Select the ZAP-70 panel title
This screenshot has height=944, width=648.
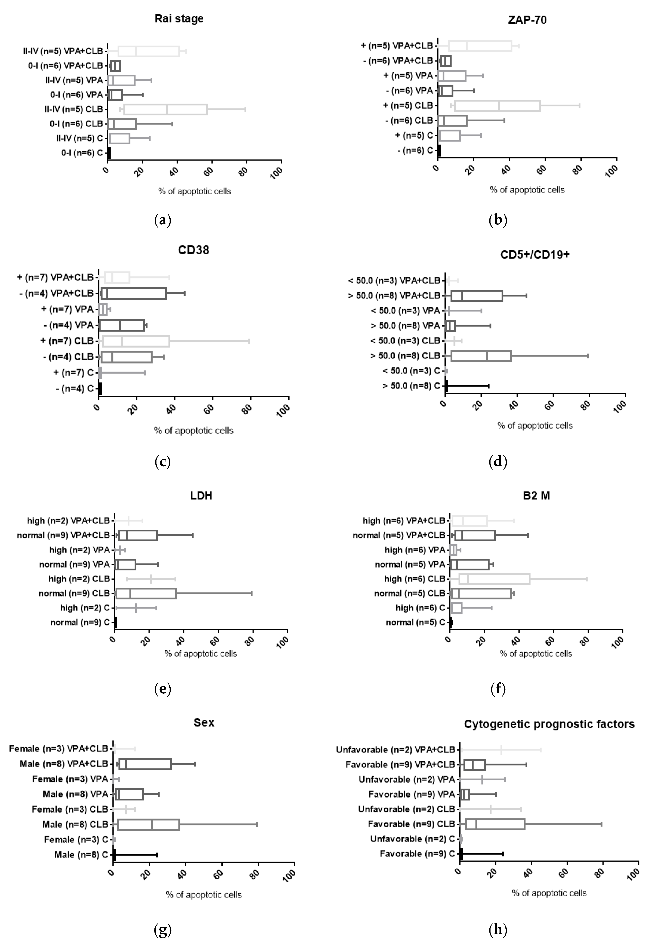tap(527, 20)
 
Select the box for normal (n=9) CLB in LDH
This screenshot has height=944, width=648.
tap(146, 593)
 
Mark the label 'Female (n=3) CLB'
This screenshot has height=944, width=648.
tap(70, 809)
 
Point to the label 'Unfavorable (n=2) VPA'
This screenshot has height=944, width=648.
tap(407, 779)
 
